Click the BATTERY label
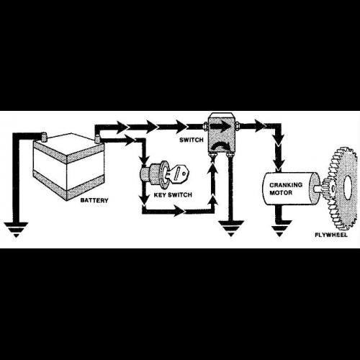[94, 200]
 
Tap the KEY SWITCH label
[173, 194]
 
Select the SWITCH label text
[192, 140]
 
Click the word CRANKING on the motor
[286, 185]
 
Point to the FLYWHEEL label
[331, 235]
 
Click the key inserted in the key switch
[178, 174]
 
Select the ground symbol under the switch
[231, 228]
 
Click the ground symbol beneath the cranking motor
[279, 228]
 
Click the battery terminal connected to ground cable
[44, 138]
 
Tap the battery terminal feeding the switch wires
[97, 139]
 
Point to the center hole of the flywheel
[348, 187]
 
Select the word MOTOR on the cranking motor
[281, 192]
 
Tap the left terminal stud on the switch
[205, 125]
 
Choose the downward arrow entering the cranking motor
[279, 163]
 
